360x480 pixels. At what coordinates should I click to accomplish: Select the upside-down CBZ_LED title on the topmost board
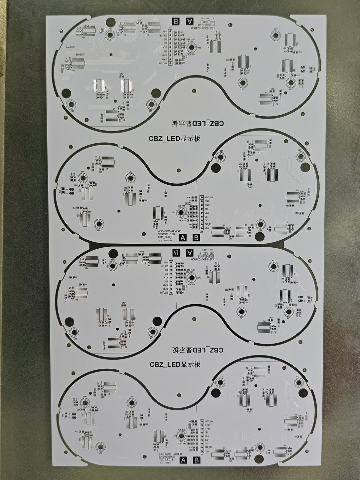point(198,124)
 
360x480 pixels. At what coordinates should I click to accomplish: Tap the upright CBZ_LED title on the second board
point(174,139)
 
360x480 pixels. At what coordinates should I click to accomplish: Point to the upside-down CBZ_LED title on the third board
point(198,350)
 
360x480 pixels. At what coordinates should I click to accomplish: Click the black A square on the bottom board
point(184,460)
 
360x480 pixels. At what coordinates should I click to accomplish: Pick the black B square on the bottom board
point(197,460)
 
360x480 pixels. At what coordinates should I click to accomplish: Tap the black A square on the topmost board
point(189,21)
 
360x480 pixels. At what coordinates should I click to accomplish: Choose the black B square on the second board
point(196,237)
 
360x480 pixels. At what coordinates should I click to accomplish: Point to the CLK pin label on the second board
point(207,212)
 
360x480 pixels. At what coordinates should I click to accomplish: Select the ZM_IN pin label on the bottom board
point(208,447)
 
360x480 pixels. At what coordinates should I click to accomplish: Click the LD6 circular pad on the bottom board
point(220,382)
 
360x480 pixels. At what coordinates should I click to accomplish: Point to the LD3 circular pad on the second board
point(98,223)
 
